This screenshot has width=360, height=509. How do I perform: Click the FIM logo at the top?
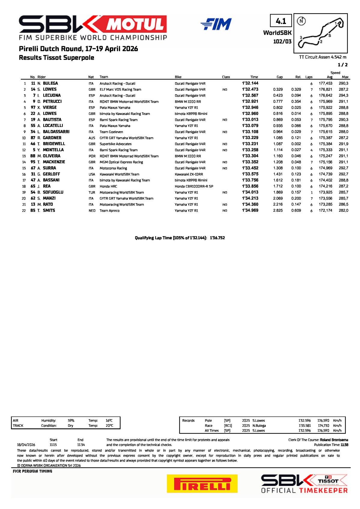pos(216,24)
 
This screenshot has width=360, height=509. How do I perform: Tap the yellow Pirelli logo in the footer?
pos(202,483)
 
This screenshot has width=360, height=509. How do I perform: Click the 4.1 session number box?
pos(281,21)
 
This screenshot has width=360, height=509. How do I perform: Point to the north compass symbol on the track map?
pos(301,21)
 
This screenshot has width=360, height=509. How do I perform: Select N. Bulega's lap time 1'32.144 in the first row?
pos(250,83)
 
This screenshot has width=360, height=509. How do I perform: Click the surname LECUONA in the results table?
pos(52,95)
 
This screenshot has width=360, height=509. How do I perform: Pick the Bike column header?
pos(178,77)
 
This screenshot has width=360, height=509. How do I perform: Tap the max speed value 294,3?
pos(343,95)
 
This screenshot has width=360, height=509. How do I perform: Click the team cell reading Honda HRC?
pos(108,186)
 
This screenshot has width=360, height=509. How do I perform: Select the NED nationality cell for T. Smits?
pos(92,211)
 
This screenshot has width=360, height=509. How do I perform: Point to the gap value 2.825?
pos(278,211)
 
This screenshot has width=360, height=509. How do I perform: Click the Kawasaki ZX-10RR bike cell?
pos(189,174)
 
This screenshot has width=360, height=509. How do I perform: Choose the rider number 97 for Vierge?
pos(33,107)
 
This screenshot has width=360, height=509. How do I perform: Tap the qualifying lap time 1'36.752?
pos(217,238)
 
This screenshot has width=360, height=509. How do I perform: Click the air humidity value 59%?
pos(71,420)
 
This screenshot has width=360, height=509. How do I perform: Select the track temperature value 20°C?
pos(109,426)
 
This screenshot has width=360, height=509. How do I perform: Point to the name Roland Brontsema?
pos(334,440)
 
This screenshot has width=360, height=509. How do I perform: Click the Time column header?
pos(254,77)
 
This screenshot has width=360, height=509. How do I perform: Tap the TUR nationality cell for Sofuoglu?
pos(92,192)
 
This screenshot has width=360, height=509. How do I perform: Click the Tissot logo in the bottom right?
pos(328,481)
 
